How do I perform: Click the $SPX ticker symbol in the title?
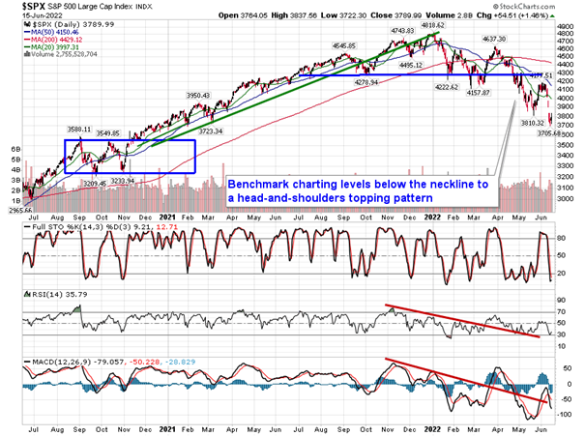[x=20, y=7]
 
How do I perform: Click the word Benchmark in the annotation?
[x=256, y=184]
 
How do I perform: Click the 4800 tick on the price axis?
[x=568, y=30]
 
